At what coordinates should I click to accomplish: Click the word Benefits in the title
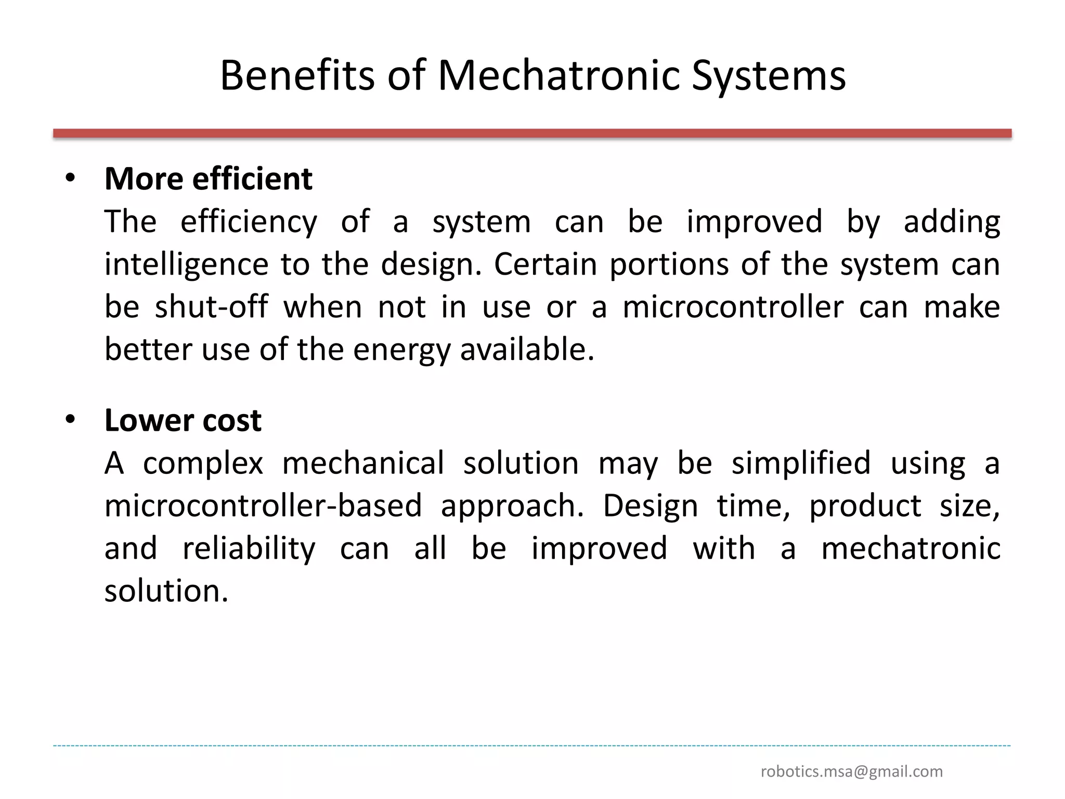(x=296, y=76)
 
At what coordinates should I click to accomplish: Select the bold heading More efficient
(x=208, y=179)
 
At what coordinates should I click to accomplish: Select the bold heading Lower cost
(x=183, y=420)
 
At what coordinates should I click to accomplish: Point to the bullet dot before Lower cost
(x=70, y=419)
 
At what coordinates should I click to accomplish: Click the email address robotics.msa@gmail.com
(x=851, y=771)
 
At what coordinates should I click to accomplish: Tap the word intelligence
(x=186, y=264)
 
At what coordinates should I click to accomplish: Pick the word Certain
(x=545, y=264)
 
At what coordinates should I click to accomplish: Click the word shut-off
(x=211, y=307)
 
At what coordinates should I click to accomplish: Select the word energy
(x=401, y=350)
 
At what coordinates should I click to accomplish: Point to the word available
(x=526, y=350)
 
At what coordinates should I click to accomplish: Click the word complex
(x=203, y=463)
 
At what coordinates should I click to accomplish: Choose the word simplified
(x=801, y=463)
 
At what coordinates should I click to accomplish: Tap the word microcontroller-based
(x=263, y=506)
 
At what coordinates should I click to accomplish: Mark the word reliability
(x=249, y=548)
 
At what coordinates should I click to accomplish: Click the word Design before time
(x=650, y=506)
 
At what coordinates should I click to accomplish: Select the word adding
(x=952, y=222)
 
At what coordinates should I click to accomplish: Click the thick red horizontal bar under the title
(x=532, y=134)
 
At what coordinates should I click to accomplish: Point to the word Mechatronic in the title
(x=559, y=76)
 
